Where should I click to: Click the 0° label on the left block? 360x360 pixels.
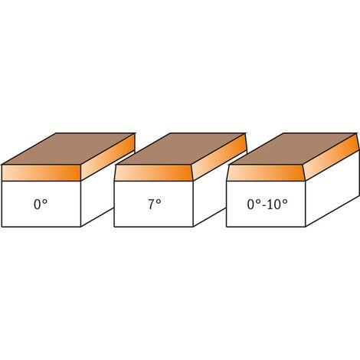(41, 205)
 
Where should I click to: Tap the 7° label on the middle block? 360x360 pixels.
(155, 205)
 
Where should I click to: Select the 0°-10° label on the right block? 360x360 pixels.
(267, 205)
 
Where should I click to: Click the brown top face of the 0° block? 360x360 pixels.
(68, 149)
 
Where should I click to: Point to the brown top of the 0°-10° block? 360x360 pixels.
(293, 149)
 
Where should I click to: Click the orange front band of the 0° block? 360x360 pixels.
(41, 173)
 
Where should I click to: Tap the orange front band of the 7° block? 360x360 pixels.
(154, 173)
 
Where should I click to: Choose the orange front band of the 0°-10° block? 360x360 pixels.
(266, 173)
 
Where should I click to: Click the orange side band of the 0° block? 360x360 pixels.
(108, 157)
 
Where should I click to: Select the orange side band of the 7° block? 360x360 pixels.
(220, 157)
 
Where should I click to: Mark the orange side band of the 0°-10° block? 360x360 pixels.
(332, 157)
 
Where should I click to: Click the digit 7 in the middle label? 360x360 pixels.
(152, 205)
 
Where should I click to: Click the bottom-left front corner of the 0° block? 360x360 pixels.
(2, 227)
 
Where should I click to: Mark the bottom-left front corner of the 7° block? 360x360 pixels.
(114, 227)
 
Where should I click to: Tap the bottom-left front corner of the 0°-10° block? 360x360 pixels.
(227, 227)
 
